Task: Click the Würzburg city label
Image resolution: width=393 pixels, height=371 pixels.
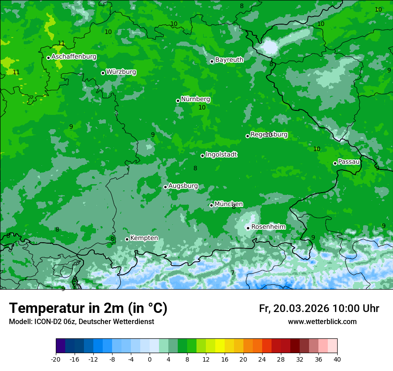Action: (121, 72)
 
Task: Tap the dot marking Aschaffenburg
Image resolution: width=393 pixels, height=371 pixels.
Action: (48, 58)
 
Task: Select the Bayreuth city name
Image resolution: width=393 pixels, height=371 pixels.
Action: (229, 60)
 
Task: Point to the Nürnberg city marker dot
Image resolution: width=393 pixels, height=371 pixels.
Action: (178, 101)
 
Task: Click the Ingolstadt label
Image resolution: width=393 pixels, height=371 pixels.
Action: (221, 155)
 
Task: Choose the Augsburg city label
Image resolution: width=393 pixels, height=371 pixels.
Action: (183, 186)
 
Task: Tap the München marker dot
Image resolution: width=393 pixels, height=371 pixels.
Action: (211, 205)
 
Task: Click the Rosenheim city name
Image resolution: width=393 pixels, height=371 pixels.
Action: (268, 227)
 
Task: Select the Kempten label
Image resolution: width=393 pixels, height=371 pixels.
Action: (144, 238)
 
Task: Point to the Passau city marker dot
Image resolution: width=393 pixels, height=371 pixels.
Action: (335, 163)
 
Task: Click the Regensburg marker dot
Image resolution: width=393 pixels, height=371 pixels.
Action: (247, 136)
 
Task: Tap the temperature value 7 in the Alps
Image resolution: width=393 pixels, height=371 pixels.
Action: (233, 273)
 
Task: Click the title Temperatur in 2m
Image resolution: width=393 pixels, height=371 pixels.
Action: (88, 308)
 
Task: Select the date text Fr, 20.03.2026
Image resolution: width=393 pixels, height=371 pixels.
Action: (294, 308)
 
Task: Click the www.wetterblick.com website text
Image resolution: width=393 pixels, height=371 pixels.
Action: (322, 322)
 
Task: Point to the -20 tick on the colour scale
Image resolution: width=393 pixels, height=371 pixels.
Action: (56, 359)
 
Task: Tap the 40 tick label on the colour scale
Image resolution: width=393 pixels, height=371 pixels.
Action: (337, 359)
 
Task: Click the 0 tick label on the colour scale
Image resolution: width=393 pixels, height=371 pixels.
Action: (150, 359)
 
